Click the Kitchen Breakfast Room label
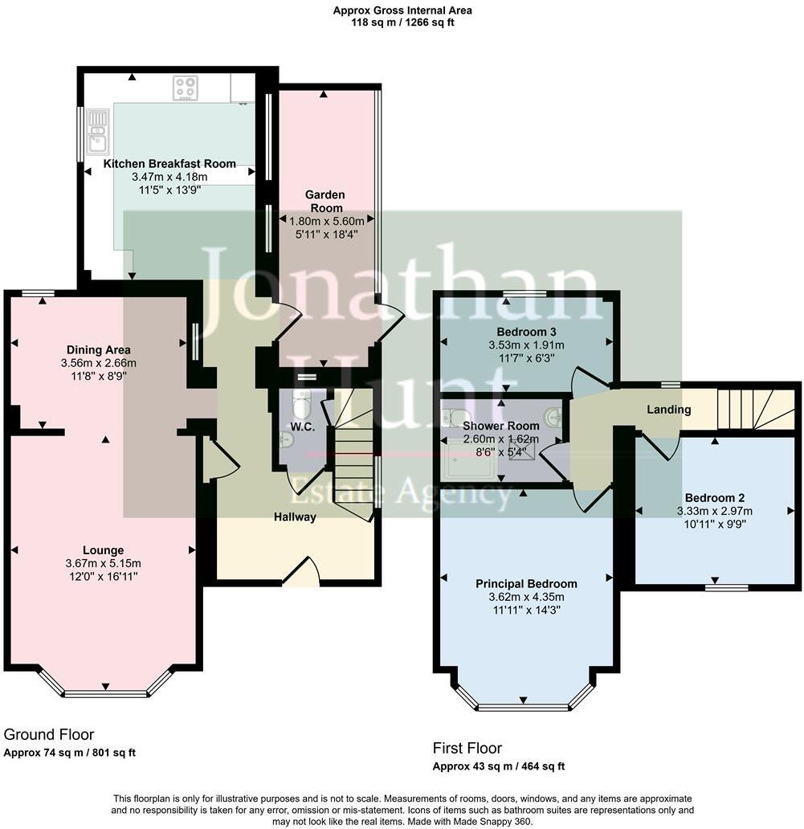click(169, 163)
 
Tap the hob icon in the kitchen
click(186, 88)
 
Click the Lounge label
click(104, 550)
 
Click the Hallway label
click(295, 517)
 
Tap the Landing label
click(669, 410)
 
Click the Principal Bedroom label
click(525, 584)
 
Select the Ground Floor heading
click(49, 734)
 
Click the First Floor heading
click(467, 748)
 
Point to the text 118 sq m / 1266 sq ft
click(402, 22)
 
